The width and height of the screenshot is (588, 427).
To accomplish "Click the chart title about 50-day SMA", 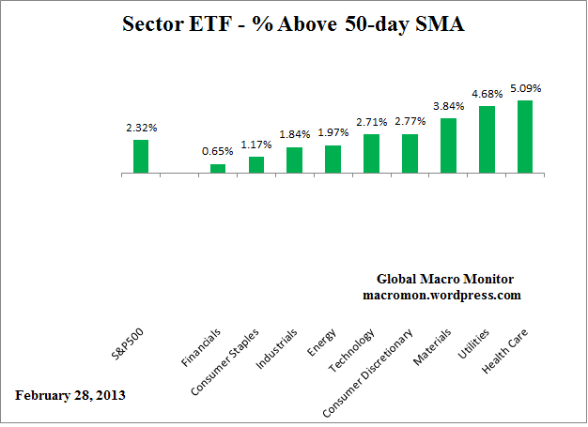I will click(x=294, y=25).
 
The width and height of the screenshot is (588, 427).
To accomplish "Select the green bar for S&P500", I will click(x=141, y=156).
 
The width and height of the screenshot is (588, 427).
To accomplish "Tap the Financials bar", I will click(x=218, y=169).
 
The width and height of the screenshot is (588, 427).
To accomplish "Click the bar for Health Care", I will click(x=525, y=137).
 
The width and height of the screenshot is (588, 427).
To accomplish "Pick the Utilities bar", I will click(x=487, y=140).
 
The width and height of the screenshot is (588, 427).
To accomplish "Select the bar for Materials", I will click(x=448, y=145).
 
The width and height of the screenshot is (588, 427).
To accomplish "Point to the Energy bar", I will click(x=333, y=160).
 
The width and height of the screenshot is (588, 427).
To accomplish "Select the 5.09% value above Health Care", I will click(x=525, y=88).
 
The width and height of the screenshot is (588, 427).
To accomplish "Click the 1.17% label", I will click(x=256, y=145).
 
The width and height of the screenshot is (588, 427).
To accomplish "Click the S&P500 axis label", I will click(x=129, y=345).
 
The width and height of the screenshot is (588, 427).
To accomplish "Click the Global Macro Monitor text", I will click(x=444, y=279).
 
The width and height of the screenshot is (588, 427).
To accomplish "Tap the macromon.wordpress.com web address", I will click(x=441, y=295).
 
